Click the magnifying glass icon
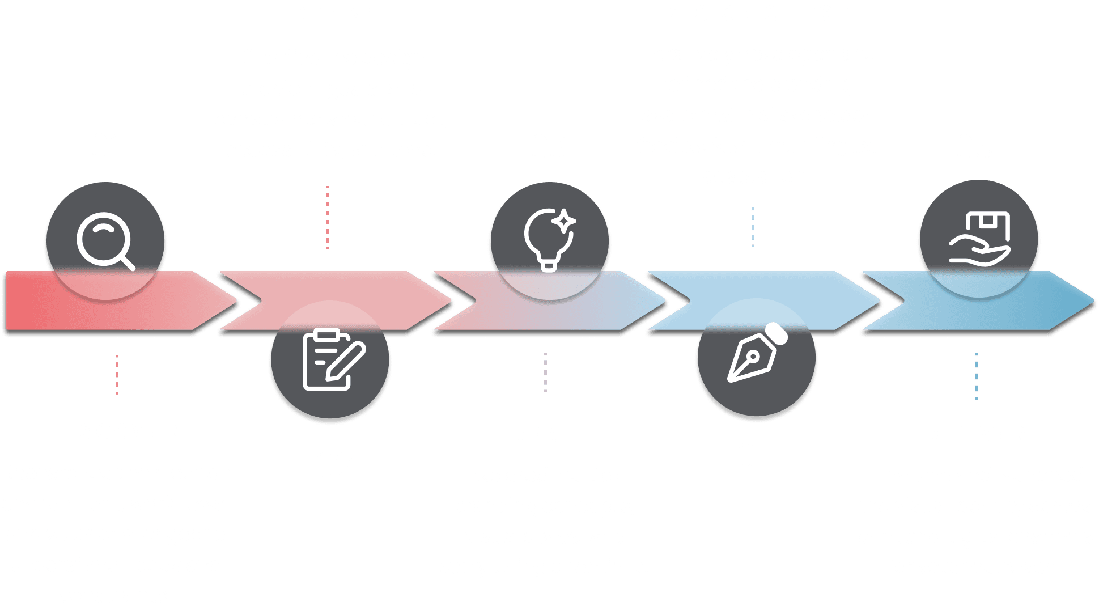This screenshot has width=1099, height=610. [x=105, y=242]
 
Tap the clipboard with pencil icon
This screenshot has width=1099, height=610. [x=333, y=359]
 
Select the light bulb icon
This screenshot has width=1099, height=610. [x=549, y=240]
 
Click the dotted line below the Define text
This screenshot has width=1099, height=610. [x=328, y=218]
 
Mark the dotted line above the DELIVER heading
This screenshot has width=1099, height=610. [x=976, y=376]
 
